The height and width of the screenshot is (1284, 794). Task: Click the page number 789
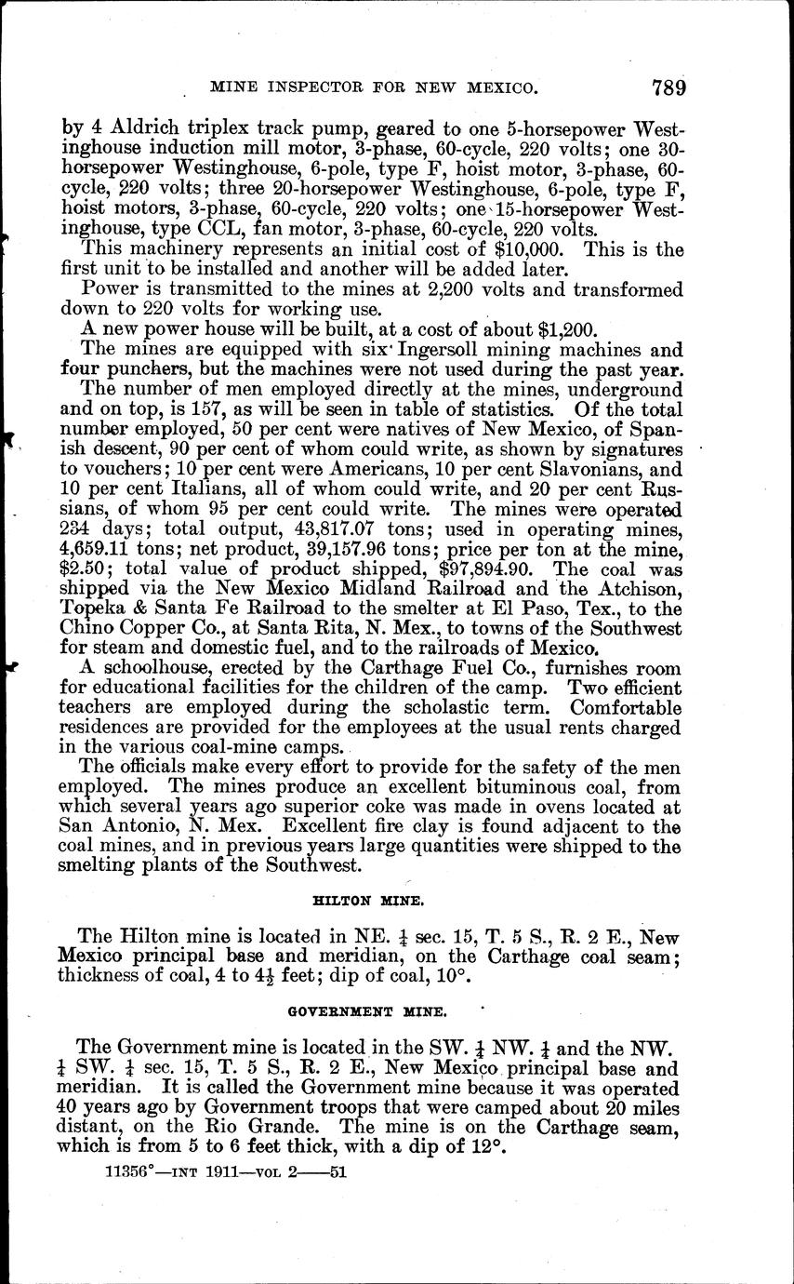(x=668, y=88)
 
